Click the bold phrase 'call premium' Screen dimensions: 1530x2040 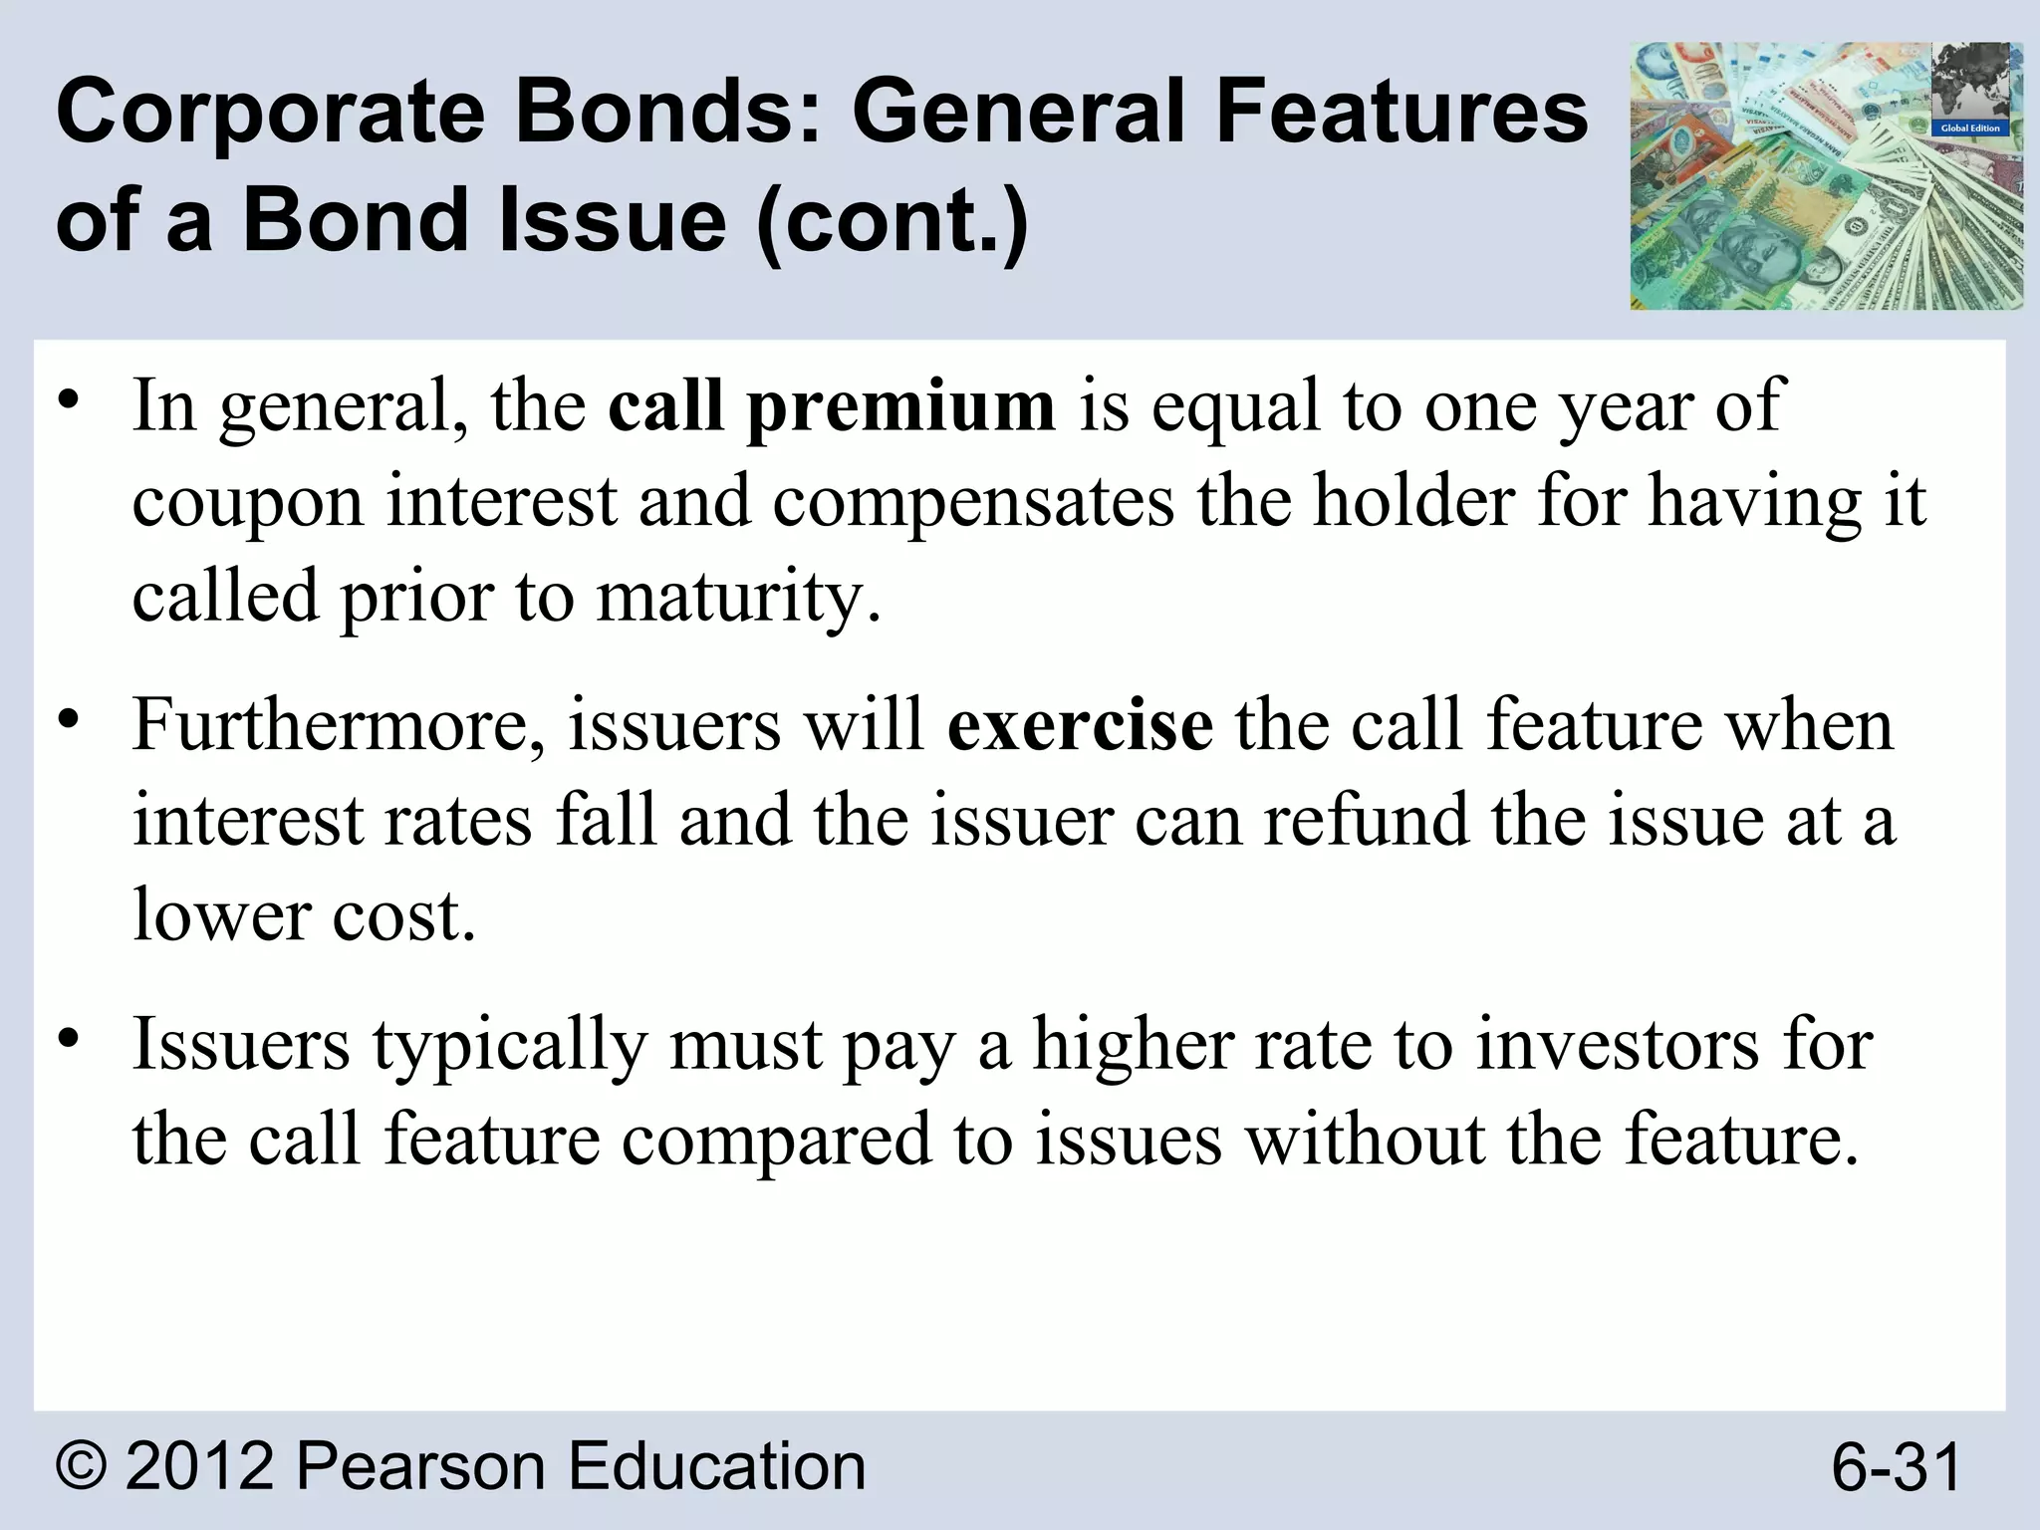[831, 406]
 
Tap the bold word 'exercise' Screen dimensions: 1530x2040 [1080, 725]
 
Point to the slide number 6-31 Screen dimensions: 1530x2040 [1897, 1467]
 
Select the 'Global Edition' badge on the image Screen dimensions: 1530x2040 [1970, 128]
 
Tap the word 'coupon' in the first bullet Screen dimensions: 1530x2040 [248, 504]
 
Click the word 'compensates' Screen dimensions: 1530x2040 [973, 502]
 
